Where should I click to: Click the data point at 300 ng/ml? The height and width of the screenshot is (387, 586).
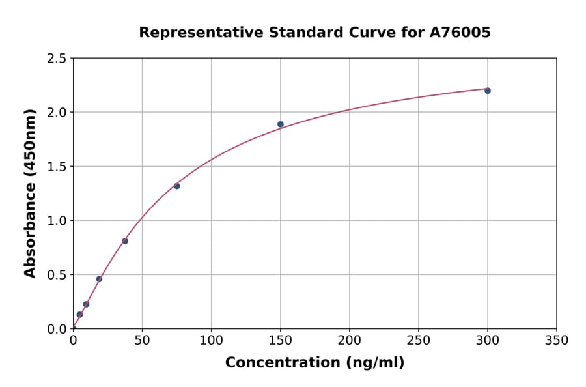click(x=488, y=91)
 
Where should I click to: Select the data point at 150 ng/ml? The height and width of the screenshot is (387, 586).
click(x=281, y=124)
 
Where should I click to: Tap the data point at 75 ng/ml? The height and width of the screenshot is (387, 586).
click(x=177, y=186)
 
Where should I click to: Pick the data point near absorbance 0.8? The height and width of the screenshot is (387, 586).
click(x=125, y=241)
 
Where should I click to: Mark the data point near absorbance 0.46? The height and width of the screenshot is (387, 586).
click(x=99, y=279)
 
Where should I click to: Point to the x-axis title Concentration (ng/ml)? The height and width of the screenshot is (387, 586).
click(x=314, y=363)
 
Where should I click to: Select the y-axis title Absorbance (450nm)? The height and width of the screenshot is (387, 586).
click(x=30, y=193)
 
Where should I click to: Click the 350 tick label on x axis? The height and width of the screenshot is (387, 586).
click(x=556, y=341)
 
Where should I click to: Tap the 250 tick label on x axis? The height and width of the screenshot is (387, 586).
click(x=418, y=341)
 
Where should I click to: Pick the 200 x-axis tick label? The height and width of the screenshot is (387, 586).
click(x=349, y=341)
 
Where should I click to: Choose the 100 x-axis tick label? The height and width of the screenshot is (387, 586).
click(x=211, y=341)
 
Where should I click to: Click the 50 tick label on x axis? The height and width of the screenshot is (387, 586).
click(x=142, y=341)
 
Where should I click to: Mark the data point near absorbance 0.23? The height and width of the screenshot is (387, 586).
click(x=86, y=304)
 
